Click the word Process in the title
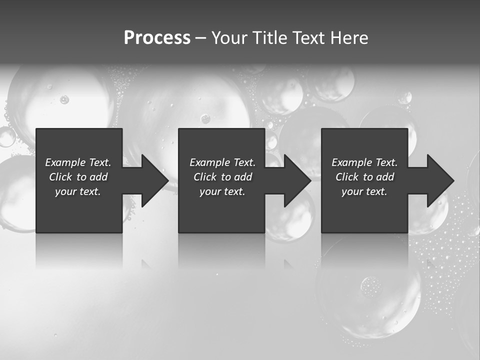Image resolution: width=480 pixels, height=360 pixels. (157, 38)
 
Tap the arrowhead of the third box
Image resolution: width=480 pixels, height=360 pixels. (439, 180)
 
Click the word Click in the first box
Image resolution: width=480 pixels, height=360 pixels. (60, 177)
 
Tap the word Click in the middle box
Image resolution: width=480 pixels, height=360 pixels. (204, 177)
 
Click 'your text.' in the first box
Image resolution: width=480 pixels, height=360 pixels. (78, 191)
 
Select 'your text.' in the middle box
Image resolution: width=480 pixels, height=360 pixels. (222, 191)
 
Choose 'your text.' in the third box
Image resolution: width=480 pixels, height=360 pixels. (364, 191)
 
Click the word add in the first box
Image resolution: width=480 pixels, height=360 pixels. (98, 177)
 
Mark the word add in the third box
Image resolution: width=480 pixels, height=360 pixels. (385, 177)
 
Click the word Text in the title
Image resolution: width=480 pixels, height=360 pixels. (306, 38)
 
